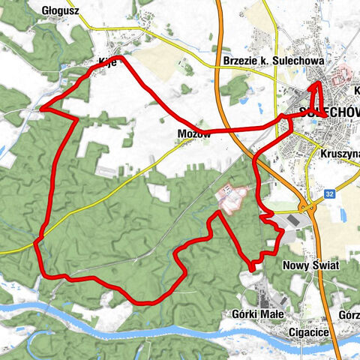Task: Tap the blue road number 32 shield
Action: coord(329,193)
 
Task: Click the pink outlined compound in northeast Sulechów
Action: coord(343,76)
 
